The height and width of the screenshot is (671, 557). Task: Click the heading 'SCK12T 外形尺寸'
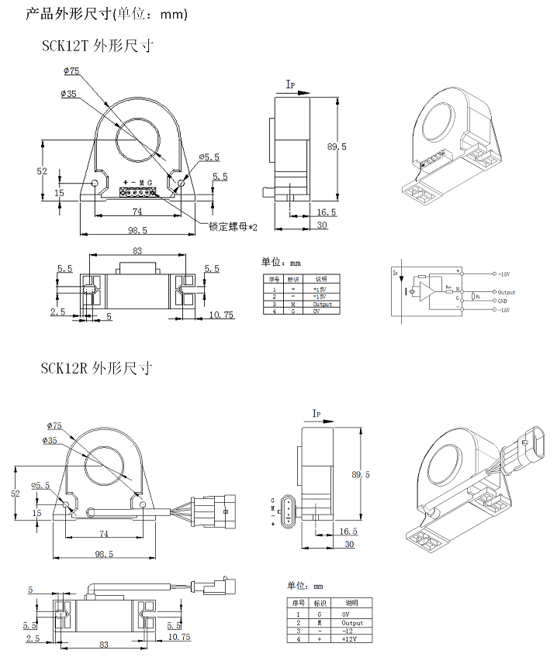point(97,46)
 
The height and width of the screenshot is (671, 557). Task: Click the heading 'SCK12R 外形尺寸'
point(97,368)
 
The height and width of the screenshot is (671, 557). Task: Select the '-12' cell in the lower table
point(351,631)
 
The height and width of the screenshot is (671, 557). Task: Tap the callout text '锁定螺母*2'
point(233,226)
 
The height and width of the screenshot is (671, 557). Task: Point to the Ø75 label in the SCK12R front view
point(54,425)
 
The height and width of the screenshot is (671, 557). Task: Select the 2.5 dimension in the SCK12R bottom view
point(32,638)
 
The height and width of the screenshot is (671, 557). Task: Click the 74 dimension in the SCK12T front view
point(137,211)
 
